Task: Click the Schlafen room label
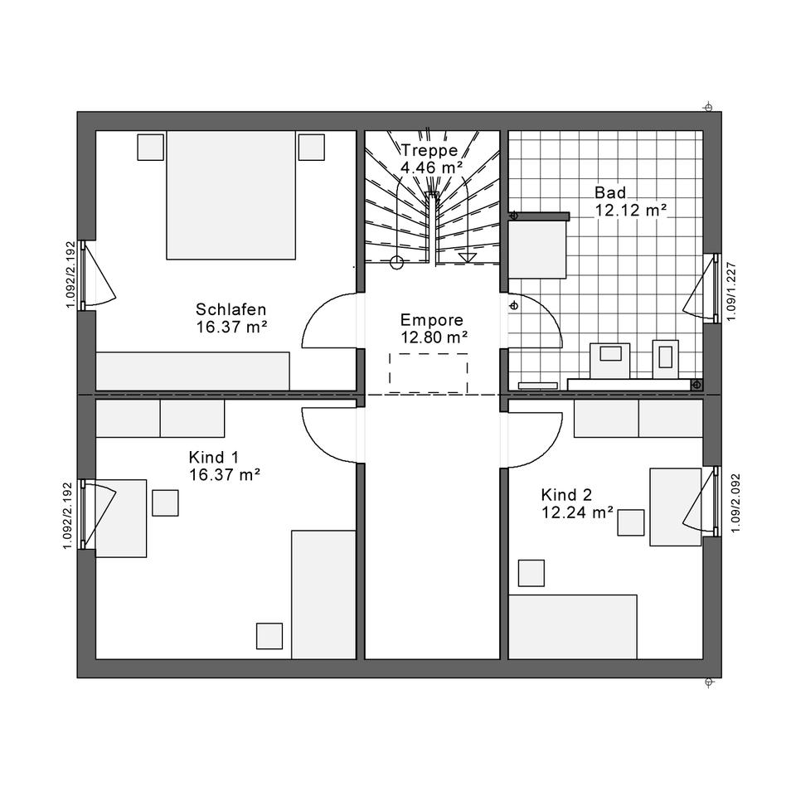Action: click(231, 309)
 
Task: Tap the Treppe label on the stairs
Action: click(430, 150)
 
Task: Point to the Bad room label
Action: click(610, 192)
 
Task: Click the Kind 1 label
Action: click(213, 457)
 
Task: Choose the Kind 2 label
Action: click(566, 494)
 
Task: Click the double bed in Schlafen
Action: click(231, 196)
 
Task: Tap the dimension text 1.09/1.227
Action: click(731, 291)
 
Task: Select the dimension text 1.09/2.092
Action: click(735, 503)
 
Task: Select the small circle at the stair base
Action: click(396, 263)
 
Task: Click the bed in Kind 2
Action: click(573, 627)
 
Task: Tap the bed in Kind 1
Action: click(323, 595)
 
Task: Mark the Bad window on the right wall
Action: click(716, 288)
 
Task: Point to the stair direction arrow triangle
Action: click(467, 257)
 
